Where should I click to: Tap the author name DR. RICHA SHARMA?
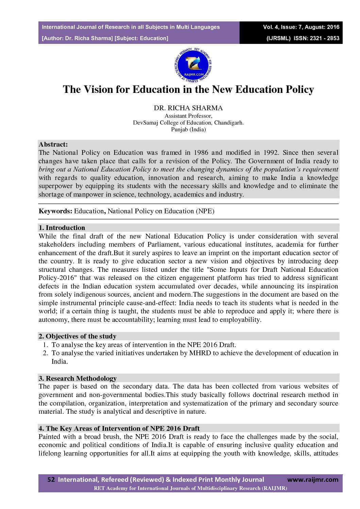tap(188, 108)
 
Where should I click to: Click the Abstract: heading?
tap(53, 144)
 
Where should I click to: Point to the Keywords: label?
tap(55, 211)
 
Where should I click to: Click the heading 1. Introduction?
tap(62, 228)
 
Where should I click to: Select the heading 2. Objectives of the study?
tap(78, 336)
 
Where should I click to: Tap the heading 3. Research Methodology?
tap(78, 378)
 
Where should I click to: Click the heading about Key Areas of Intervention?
tap(119, 428)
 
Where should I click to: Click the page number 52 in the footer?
tap(51, 479)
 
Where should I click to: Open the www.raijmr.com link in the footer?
tap(313, 479)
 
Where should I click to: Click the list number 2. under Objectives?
tap(46, 353)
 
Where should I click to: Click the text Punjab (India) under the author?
tap(188, 129)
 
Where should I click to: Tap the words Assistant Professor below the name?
tap(188, 116)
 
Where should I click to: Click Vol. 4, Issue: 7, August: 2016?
tap(301, 27)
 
